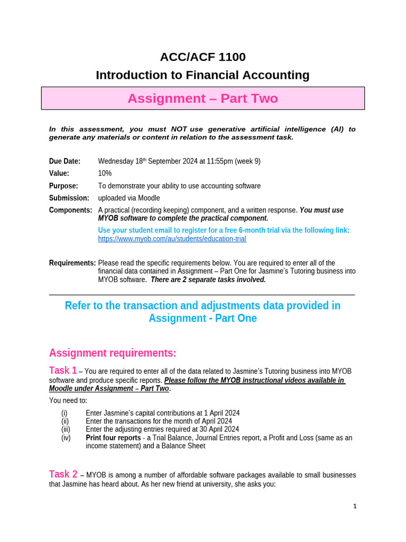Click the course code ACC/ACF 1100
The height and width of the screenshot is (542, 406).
[202, 57]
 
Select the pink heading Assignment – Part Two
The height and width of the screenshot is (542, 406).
[202, 98]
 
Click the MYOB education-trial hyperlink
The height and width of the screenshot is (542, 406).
[172, 239]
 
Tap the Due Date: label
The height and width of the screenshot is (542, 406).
[64, 161]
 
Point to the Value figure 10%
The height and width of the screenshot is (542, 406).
[105, 174]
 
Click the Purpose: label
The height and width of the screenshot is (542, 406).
[63, 186]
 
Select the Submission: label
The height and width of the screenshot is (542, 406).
[69, 198]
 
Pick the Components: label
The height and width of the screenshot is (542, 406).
[70, 210]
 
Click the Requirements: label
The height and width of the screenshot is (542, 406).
[72, 263]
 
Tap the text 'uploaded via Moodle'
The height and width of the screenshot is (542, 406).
[129, 198]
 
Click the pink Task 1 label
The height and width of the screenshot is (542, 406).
[63, 371]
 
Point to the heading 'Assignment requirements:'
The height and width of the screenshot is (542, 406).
[113, 353]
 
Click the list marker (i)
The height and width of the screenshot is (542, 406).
[64, 413]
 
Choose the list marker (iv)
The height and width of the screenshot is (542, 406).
[66, 438]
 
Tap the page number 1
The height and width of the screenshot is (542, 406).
[355, 506]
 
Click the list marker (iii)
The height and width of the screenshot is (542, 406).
[65, 429]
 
